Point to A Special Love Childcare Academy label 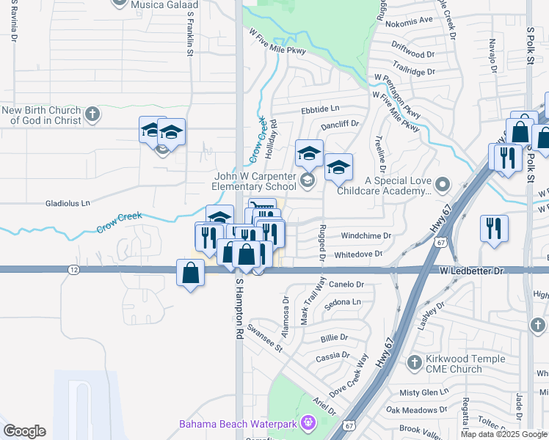[x=384, y=186]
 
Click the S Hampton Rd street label [x=239, y=307]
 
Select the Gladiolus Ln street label [x=68, y=202]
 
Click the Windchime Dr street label [x=368, y=235]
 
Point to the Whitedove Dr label [x=358, y=254]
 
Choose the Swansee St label [x=265, y=337]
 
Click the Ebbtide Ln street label [x=321, y=108]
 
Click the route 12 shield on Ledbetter [x=73, y=270]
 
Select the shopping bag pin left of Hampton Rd [x=190, y=274]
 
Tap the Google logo [x=24, y=430]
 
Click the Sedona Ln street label [x=346, y=301]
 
